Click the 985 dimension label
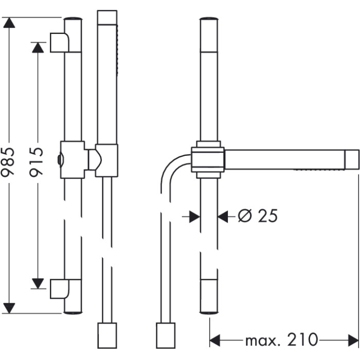click(x=8, y=162)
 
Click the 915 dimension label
click(x=37, y=162)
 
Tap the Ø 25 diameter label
click(x=258, y=216)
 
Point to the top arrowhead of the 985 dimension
click(x=9, y=23)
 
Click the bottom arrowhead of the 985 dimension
click(x=9, y=308)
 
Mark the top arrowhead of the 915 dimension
click(x=38, y=48)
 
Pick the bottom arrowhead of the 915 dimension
click(x=38, y=283)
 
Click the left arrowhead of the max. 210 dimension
click(x=215, y=340)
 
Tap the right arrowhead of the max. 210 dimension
click(x=353, y=340)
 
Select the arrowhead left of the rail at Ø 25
click(x=195, y=217)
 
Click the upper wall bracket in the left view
click(x=60, y=43)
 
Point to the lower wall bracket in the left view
click(x=60, y=289)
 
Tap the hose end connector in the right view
click(x=166, y=335)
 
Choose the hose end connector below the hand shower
click(x=107, y=335)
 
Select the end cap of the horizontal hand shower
click(x=352, y=159)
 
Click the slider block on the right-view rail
click(x=208, y=159)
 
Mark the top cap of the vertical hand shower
click(x=107, y=17)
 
